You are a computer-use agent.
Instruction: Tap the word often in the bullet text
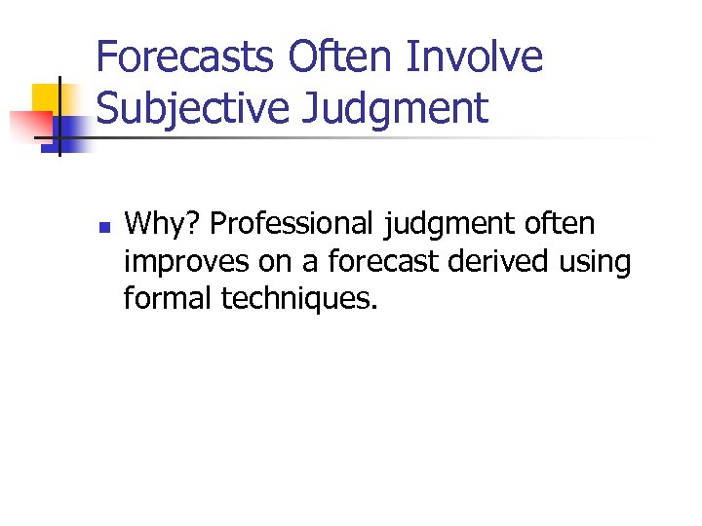[x=560, y=225]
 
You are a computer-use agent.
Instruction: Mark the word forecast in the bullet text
[x=373, y=261]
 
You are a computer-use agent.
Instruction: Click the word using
[x=594, y=261]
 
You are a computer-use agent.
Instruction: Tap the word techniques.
[x=298, y=297]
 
